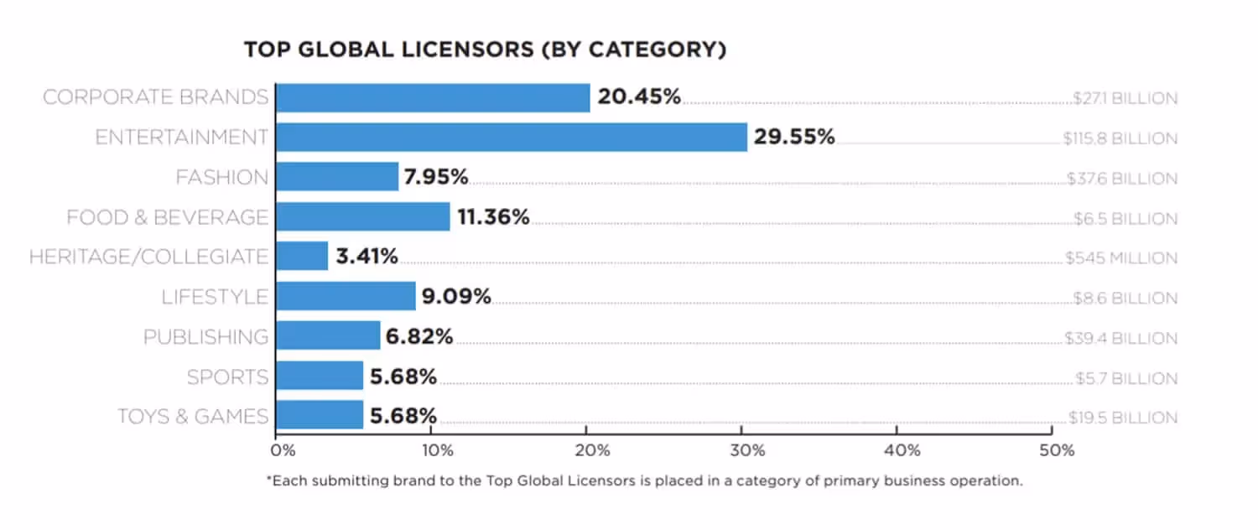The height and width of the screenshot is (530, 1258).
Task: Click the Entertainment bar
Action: (x=511, y=137)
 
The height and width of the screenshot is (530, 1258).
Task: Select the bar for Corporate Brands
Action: (x=433, y=97)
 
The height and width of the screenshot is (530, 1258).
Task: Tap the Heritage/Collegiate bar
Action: (x=302, y=256)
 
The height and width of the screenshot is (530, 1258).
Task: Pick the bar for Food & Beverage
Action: (x=362, y=216)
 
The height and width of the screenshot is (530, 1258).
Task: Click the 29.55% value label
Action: (x=793, y=137)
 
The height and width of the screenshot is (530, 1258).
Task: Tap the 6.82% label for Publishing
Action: (x=419, y=336)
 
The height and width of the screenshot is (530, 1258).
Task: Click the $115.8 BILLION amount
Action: (x=1120, y=138)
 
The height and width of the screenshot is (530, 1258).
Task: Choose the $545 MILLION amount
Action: (x=1121, y=258)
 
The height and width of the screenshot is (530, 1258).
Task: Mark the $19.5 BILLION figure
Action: (x=1123, y=418)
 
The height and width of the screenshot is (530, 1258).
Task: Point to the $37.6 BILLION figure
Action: (x=1121, y=179)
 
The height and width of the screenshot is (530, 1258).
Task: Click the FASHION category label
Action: (x=222, y=178)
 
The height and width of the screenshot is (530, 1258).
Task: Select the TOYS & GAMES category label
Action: (x=193, y=417)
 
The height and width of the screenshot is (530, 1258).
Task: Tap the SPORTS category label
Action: (x=228, y=377)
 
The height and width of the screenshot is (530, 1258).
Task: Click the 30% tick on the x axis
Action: (x=746, y=450)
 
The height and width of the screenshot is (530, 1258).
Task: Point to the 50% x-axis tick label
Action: (x=1057, y=450)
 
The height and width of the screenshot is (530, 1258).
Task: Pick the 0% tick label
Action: (x=283, y=450)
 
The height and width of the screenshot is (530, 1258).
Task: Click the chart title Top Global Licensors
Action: (x=485, y=50)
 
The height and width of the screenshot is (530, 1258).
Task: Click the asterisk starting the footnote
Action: (x=269, y=481)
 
